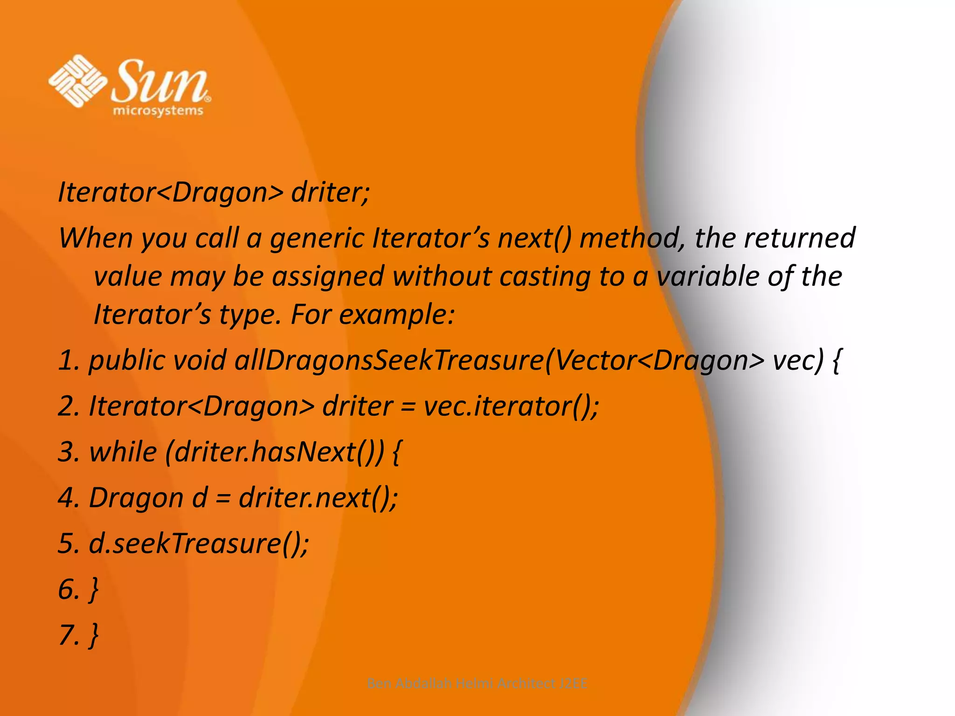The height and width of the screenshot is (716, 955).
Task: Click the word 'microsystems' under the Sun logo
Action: (158, 111)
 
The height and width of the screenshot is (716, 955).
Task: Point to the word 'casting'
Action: (545, 276)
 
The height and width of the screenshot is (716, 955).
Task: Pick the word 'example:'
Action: (396, 315)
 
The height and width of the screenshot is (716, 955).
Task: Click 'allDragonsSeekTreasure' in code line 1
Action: (389, 360)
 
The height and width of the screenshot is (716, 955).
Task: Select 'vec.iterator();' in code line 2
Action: (511, 406)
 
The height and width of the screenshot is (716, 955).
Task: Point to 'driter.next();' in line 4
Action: (318, 497)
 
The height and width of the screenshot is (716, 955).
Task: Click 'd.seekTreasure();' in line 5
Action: (199, 544)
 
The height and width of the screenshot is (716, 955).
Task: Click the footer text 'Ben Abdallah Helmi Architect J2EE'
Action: (477, 683)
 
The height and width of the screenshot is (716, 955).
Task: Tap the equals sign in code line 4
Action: (223, 498)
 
